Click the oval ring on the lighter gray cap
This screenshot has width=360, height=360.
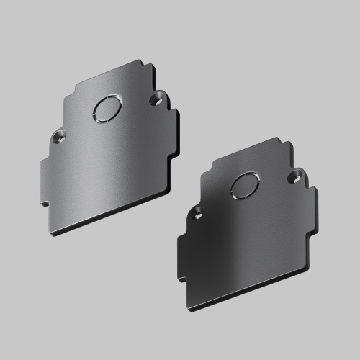[106, 108]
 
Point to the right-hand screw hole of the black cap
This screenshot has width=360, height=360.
[294, 175]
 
